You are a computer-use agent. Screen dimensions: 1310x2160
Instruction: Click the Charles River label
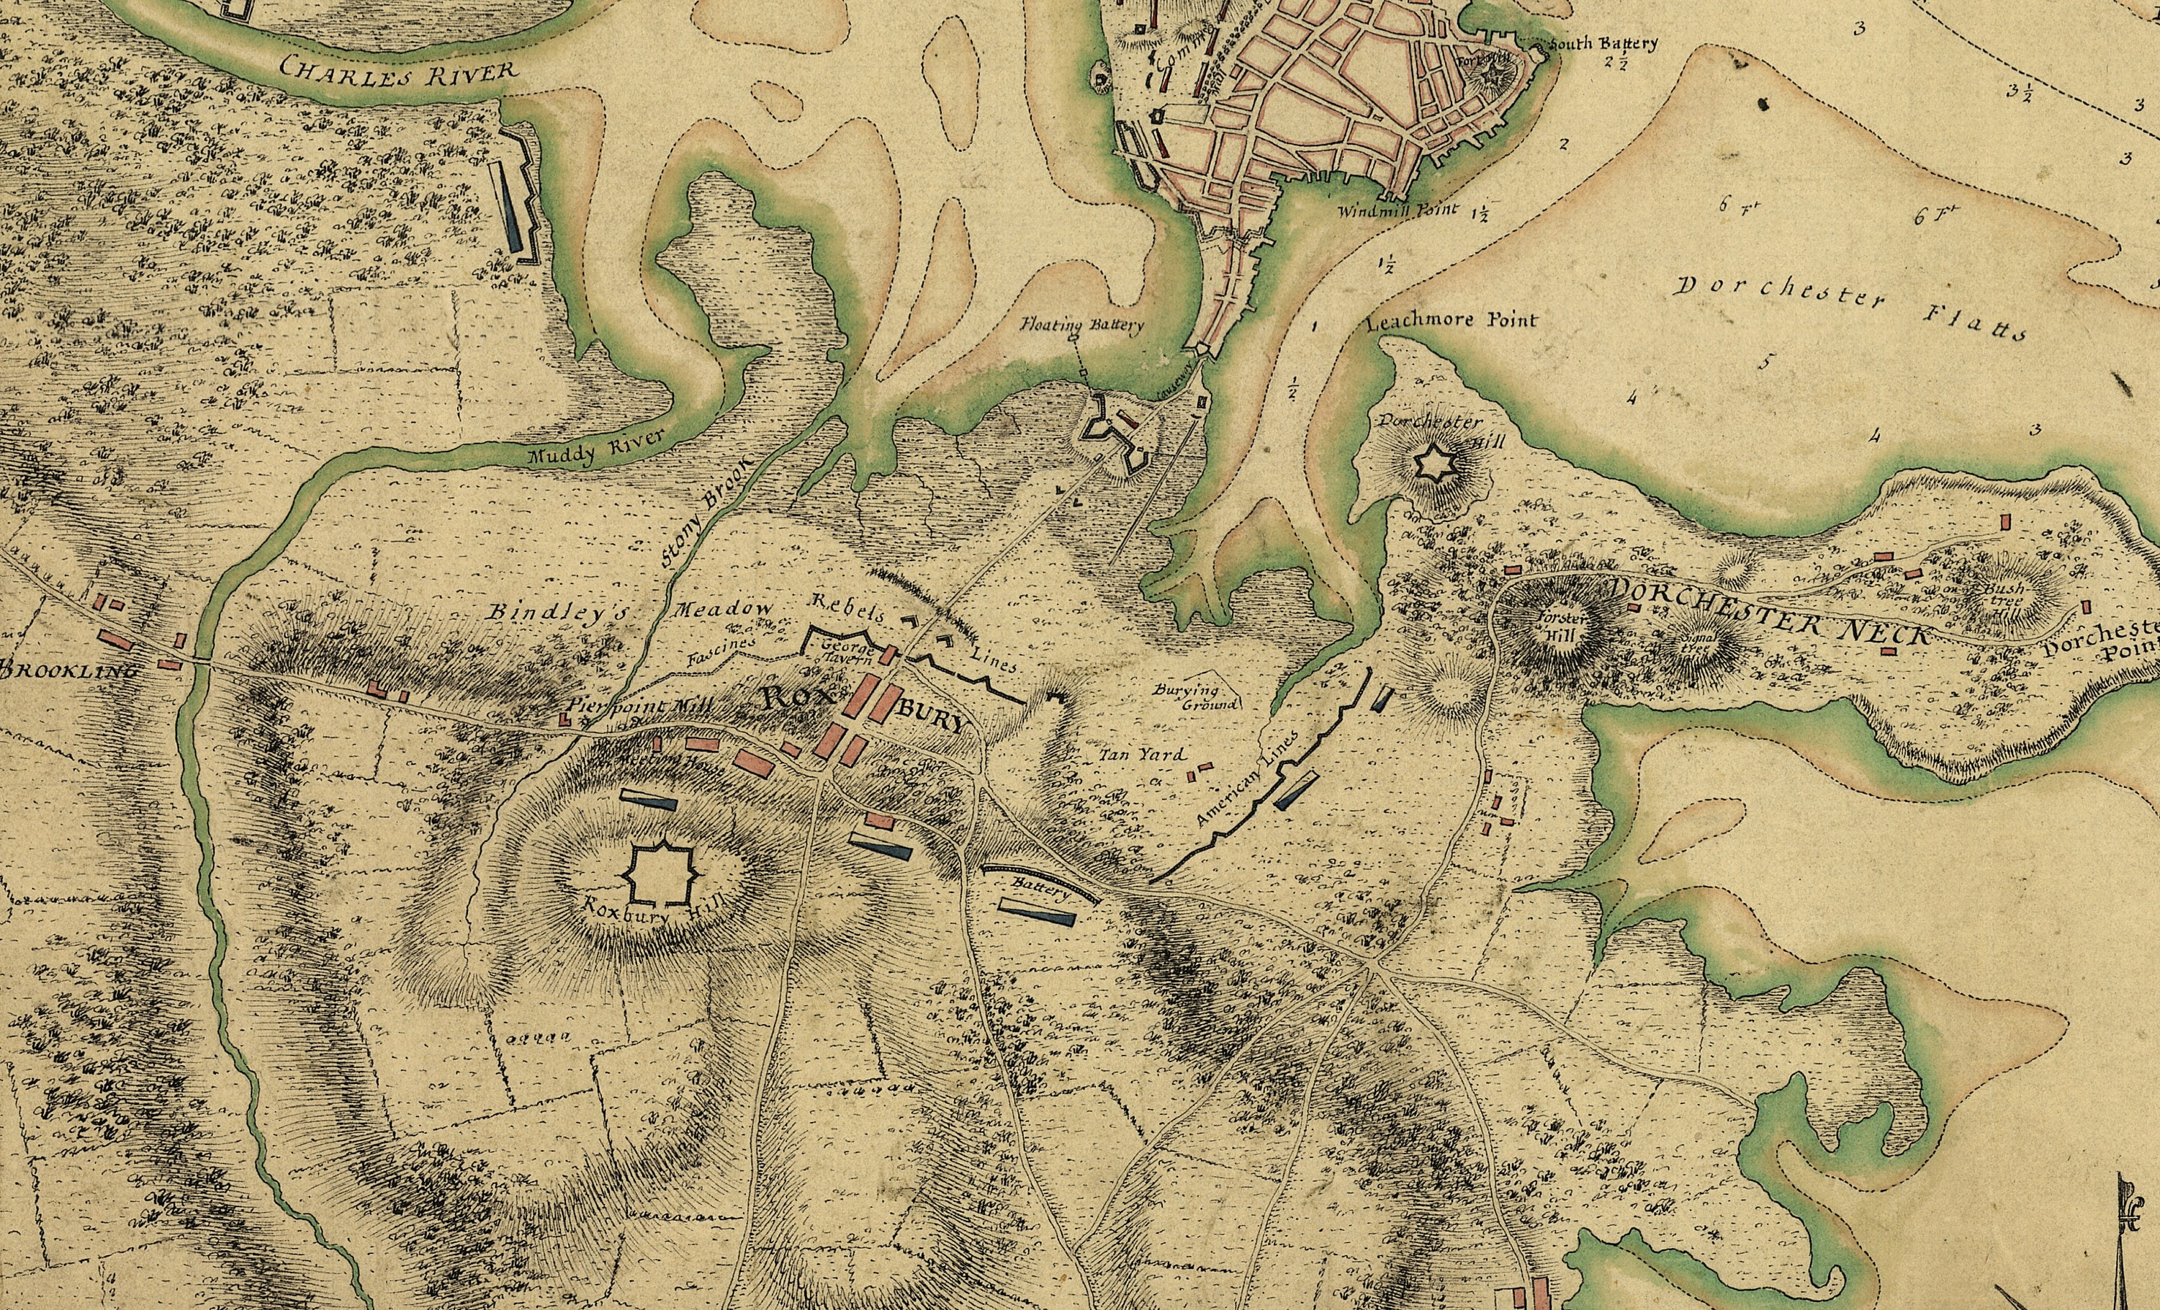click(398, 69)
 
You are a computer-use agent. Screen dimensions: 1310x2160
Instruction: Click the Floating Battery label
click(1081, 326)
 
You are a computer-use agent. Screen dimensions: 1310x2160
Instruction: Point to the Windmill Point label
click(1398, 210)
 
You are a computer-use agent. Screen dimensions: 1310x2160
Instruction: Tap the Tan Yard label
click(1142, 754)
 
